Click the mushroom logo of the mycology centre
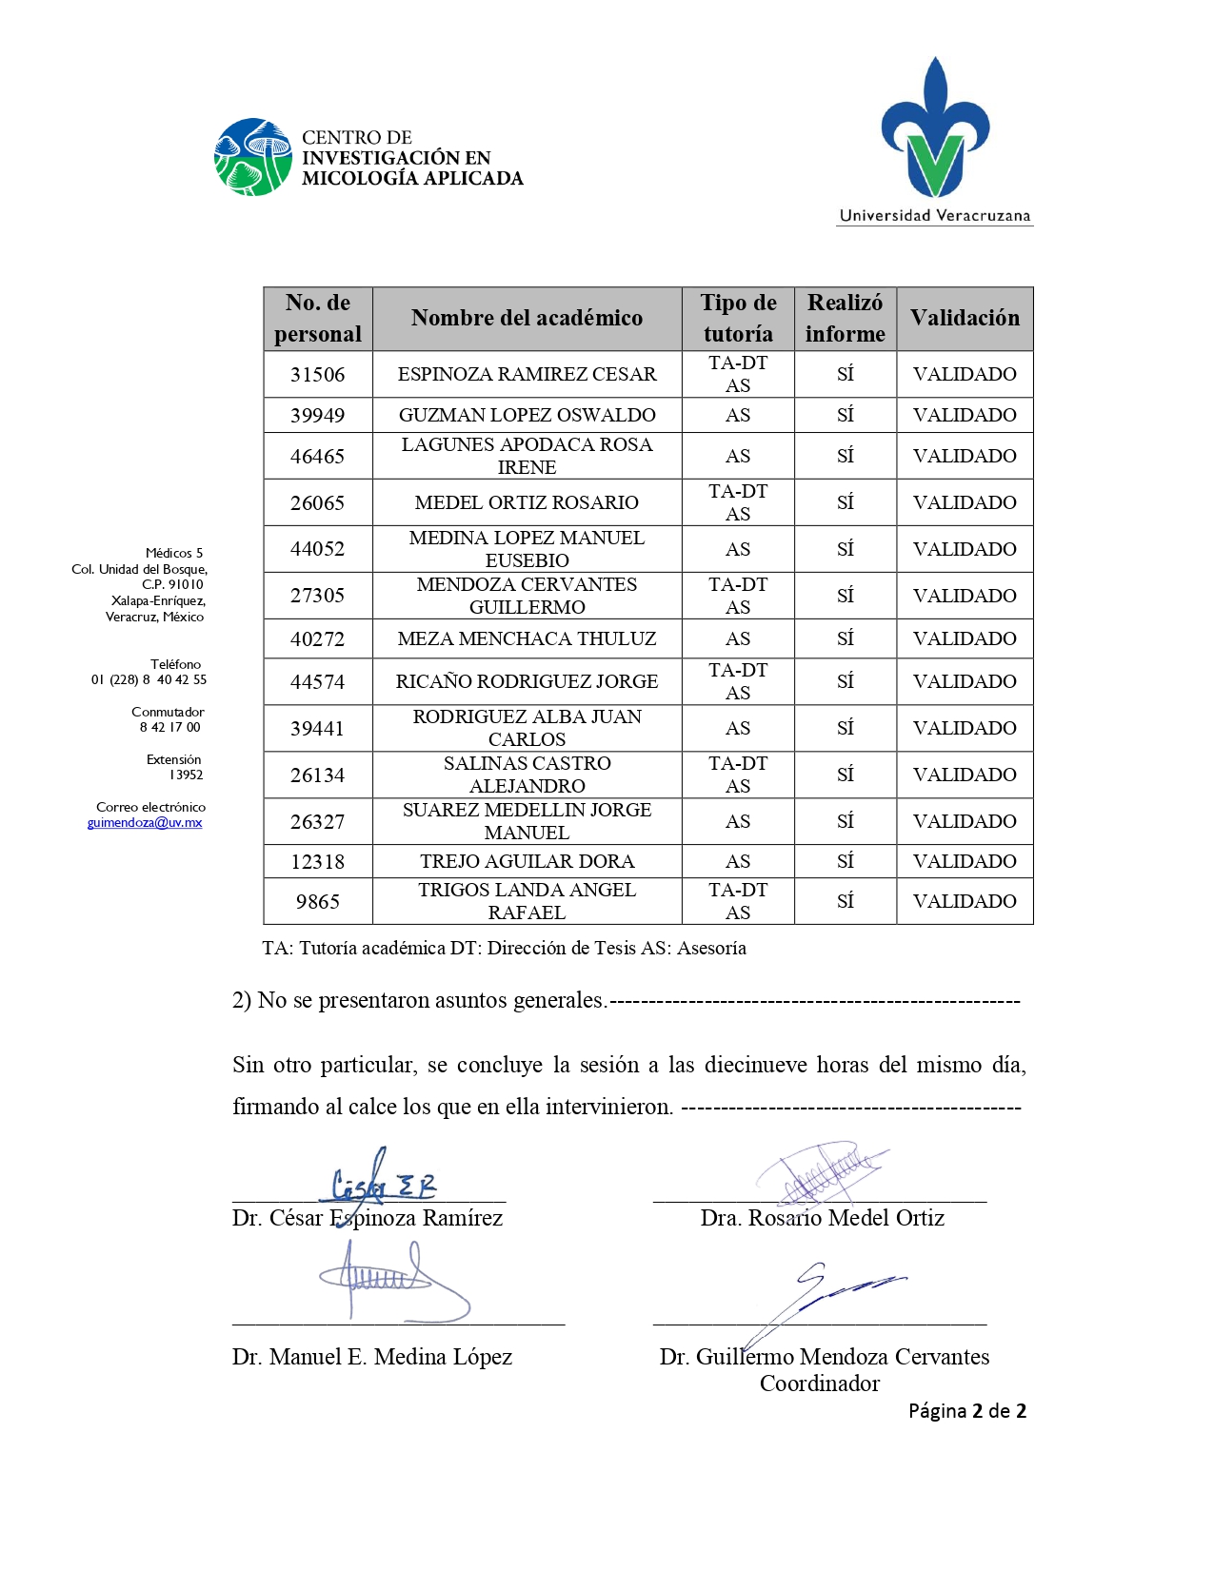(x=252, y=157)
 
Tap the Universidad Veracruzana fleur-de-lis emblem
(x=935, y=128)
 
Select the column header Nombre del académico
(x=527, y=318)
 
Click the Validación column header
(x=964, y=318)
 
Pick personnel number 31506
(x=317, y=374)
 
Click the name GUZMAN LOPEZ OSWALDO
(x=527, y=415)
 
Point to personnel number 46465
(x=317, y=456)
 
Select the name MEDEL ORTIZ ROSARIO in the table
(x=527, y=502)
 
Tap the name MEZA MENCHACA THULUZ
(x=527, y=638)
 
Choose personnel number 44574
(x=317, y=681)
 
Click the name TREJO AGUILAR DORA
(x=527, y=861)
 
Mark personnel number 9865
(x=317, y=901)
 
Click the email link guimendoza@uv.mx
(x=145, y=823)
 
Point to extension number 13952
(x=186, y=775)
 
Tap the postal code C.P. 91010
(x=172, y=584)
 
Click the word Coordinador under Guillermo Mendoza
(x=819, y=1384)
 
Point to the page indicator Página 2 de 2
(x=966, y=1411)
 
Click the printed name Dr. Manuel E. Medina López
(x=371, y=1357)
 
